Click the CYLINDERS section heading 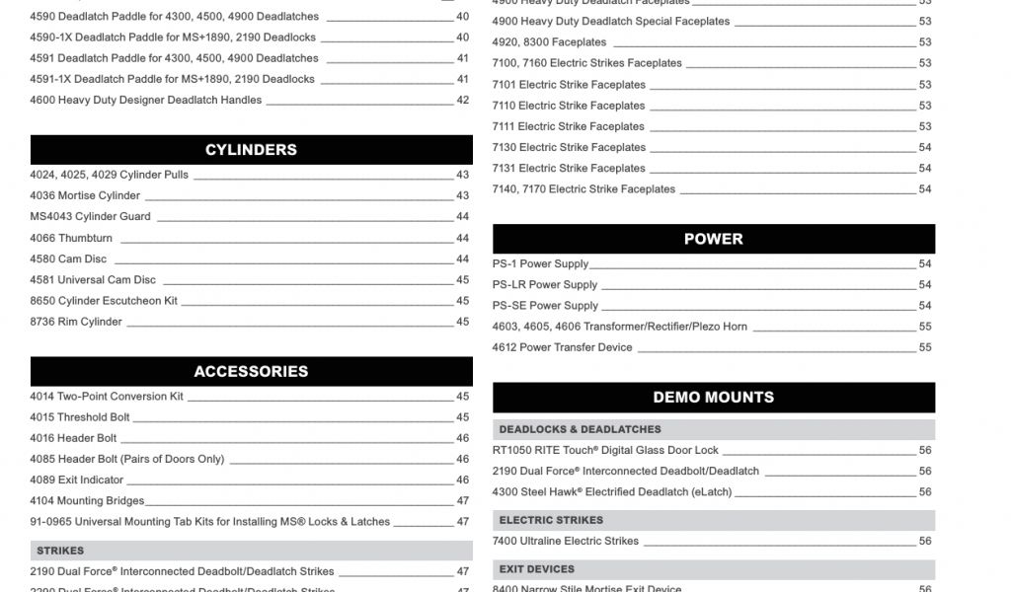251,150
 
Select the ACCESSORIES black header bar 251,372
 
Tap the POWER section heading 713,239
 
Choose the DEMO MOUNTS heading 713,398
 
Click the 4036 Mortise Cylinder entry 85,195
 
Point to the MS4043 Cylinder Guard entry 90,216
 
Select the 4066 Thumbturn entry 71,238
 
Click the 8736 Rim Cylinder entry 76,322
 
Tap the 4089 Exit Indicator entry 76,480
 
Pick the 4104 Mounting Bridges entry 87,501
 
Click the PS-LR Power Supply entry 545,285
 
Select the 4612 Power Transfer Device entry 562,347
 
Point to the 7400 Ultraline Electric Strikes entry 565,541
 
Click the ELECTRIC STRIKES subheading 551,520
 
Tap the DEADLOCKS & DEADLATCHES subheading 580,429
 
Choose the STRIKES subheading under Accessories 60,551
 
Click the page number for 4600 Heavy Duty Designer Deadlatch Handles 462,100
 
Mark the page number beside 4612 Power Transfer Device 925,347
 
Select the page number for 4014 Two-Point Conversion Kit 462,397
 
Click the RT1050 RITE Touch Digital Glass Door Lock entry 605,450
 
